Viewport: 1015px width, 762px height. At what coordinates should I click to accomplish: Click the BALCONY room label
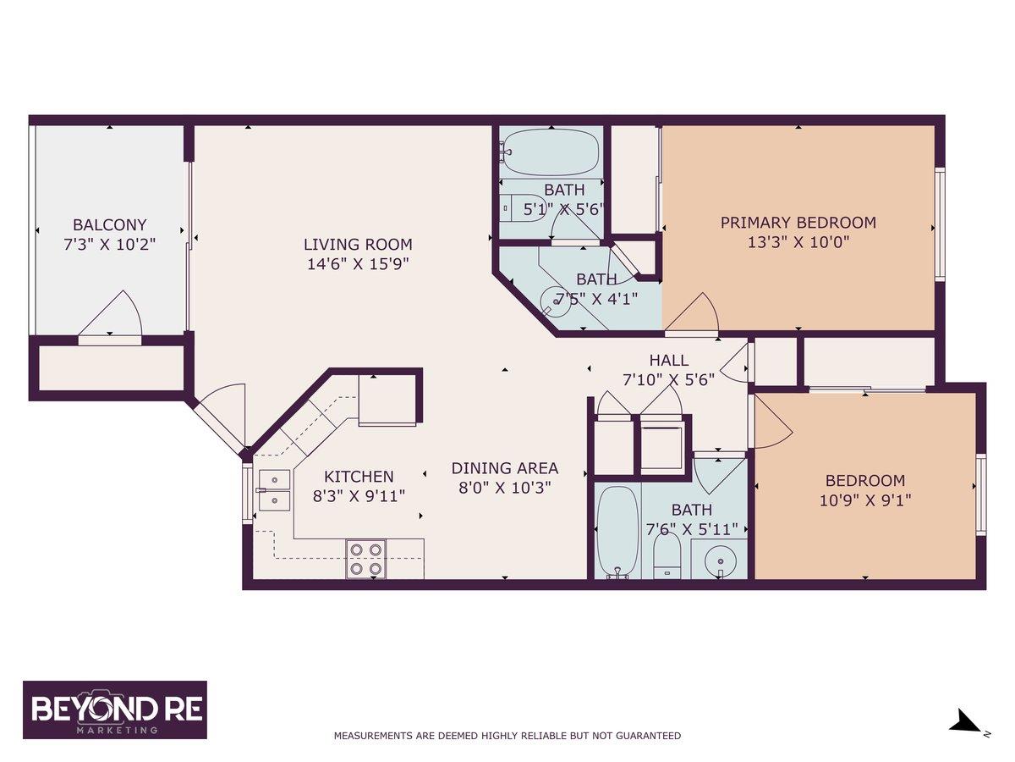click(110, 225)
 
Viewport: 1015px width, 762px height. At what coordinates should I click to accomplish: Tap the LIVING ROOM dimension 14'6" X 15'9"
click(358, 264)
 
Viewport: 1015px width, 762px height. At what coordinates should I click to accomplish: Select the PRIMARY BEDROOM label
click(798, 223)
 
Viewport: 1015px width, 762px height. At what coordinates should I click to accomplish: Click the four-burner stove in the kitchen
click(365, 560)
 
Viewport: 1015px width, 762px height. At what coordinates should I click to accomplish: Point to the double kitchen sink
click(274, 490)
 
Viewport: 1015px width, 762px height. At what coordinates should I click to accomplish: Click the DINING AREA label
click(504, 468)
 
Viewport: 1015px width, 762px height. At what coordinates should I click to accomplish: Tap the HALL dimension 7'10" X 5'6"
click(669, 380)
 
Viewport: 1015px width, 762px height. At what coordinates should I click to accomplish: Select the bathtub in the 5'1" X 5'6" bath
click(550, 152)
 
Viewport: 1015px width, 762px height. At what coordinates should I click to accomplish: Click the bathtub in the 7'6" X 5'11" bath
click(617, 531)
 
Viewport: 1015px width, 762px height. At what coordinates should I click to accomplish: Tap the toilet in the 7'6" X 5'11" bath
click(667, 555)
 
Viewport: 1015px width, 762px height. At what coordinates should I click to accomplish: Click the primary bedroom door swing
click(692, 312)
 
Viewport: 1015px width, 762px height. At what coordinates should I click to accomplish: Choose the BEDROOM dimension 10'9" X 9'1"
click(865, 500)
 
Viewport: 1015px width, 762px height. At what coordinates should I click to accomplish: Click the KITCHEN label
click(359, 477)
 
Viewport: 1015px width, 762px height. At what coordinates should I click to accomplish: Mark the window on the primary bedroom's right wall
click(940, 224)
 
